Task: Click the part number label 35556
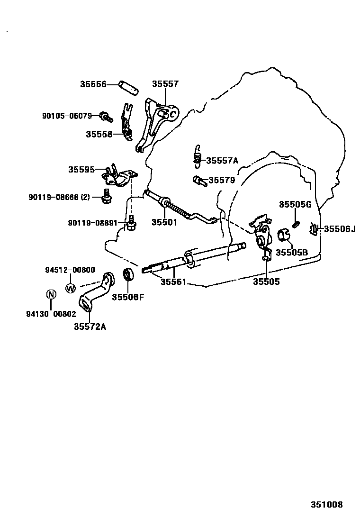pos(93,84)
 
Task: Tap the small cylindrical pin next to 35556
pos(129,88)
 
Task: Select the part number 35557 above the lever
pos(165,84)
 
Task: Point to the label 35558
pos(99,134)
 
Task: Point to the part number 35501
pos(164,222)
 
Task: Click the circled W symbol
pos(70,287)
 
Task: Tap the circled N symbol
pos(51,294)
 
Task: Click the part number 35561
pos(173,282)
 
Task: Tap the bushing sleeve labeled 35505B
pos(283,234)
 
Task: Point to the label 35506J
pos(339,229)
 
